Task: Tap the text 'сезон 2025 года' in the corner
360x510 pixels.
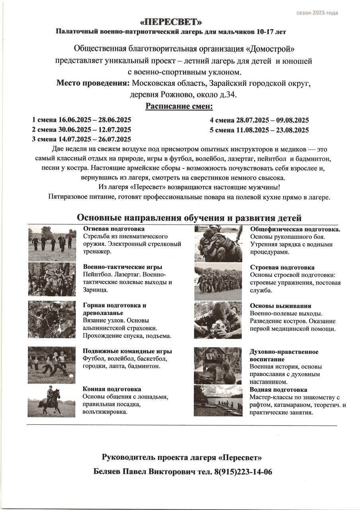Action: point(317,13)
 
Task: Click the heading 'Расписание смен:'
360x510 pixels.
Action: point(179,106)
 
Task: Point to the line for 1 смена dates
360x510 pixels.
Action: point(82,120)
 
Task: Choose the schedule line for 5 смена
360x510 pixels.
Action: point(259,130)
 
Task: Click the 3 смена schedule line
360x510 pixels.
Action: point(82,139)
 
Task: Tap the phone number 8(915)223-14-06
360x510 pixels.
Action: point(243,472)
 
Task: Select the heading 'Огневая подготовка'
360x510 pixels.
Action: point(113,229)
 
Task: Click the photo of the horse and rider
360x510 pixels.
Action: point(51,401)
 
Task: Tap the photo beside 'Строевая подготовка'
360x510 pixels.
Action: point(218,282)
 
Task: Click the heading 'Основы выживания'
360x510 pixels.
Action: point(280,306)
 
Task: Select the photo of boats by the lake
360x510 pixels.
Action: point(218,400)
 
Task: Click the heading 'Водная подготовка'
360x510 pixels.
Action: point(278,390)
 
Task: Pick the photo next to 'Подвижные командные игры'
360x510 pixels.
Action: point(51,365)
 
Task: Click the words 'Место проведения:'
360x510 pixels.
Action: point(93,84)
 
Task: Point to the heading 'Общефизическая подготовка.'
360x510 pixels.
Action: point(295,229)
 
